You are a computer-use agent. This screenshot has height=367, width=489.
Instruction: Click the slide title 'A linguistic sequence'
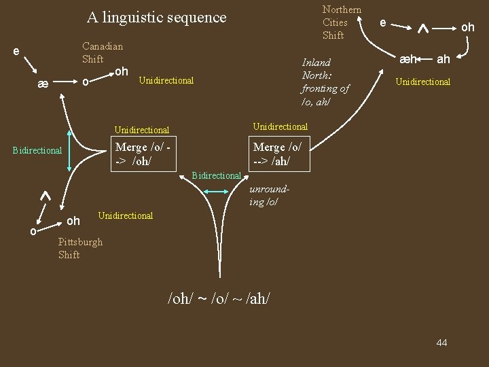tap(156, 18)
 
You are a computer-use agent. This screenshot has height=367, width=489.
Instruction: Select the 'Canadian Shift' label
tap(102, 52)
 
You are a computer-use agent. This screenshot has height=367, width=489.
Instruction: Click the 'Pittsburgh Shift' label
tap(80, 248)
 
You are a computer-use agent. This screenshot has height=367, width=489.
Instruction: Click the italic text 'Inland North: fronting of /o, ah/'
tap(325, 82)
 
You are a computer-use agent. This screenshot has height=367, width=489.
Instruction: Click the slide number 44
tap(441, 343)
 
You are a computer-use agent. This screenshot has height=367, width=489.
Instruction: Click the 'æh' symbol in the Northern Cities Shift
tap(409, 59)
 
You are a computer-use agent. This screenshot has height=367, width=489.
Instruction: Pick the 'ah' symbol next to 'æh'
tap(443, 59)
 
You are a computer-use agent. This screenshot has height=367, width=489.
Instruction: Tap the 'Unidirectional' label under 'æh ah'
tap(422, 82)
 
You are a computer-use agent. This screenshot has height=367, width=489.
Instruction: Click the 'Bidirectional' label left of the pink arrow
tap(37, 150)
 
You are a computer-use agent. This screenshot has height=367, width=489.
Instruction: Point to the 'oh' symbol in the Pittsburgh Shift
tap(73, 221)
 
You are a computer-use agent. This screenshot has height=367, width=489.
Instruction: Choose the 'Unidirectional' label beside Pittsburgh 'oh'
tap(126, 215)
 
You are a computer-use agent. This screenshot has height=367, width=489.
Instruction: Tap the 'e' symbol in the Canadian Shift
tap(16, 51)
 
